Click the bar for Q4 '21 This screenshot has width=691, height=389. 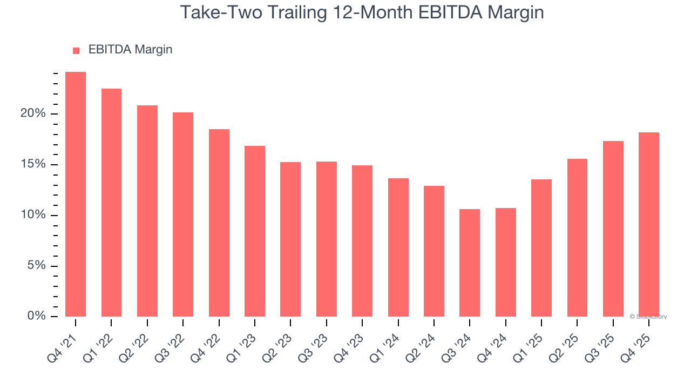click(x=76, y=194)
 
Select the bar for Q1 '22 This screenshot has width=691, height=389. click(x=111, y=203)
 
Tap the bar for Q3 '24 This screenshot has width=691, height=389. click(x=470, y=263)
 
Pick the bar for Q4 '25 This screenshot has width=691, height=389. click(x=648, y=224)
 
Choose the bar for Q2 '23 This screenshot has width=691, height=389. click(x=290, y=239)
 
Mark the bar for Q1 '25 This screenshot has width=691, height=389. click(x=541, y=248)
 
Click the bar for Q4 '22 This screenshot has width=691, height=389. click(x=219, y=223)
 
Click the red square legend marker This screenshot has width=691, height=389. click(x=76, y=51)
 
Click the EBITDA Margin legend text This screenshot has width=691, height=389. click(x=130, y=50)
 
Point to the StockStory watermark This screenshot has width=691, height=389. click(x=648, y=317)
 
